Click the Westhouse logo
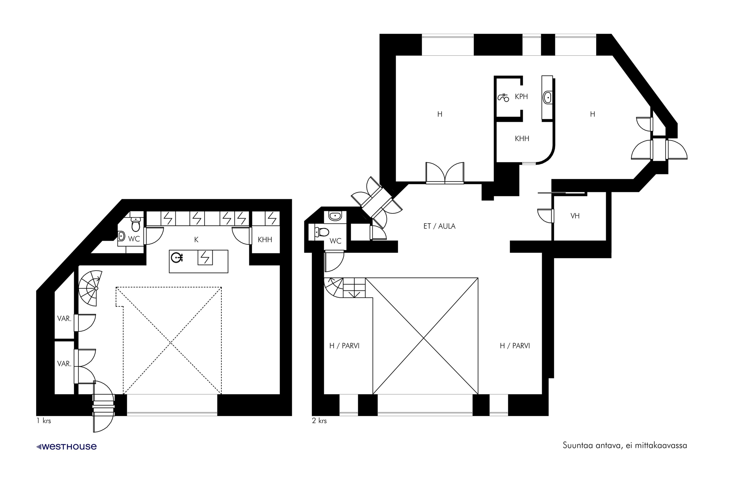(x=66, y=447)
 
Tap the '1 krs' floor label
(x=44, y=421)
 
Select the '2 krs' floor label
(x=319, y=421)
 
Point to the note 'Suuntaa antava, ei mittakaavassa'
(x=625, y=445)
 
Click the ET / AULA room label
(x=439, y=226)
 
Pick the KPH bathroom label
(x=521, y=97)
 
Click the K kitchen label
(x=196, y=239)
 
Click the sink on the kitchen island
(x=177, y=257)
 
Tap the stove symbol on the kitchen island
(x=205, y=257)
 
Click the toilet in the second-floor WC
(x=322, y=232)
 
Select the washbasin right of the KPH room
(x=547, y=98)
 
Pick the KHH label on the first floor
(x=265, y=239)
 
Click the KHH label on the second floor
(x=522, y=139)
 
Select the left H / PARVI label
(x=345, y=346)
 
